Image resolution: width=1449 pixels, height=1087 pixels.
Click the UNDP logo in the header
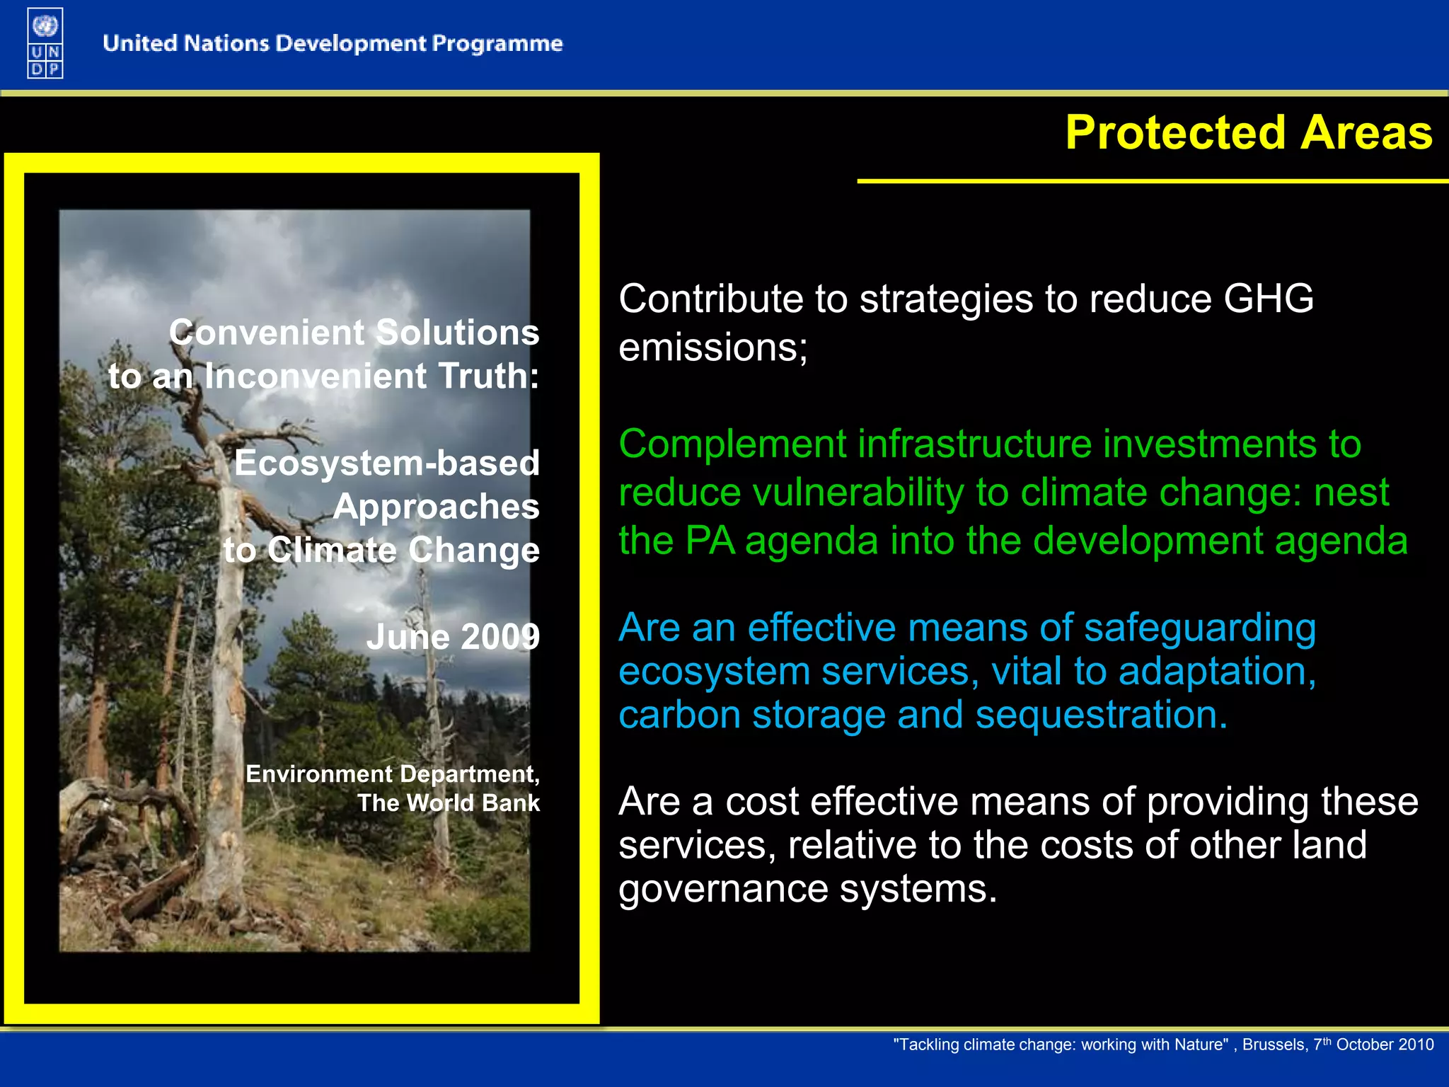click(45, 44)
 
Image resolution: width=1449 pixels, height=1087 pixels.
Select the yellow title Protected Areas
click(1248, 133)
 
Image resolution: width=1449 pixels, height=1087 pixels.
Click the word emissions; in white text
click(712, 347)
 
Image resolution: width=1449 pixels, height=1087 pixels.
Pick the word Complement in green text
click(732, 444)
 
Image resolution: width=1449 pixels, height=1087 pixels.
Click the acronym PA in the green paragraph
click(710, 541)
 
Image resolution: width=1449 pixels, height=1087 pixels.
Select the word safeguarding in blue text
click(1199, 628)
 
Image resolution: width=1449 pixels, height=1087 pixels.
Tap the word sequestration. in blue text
click(1101, 715)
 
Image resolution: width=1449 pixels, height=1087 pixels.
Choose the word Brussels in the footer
click(1274, 1045)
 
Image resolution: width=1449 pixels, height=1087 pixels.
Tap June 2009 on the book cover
click(453, 637)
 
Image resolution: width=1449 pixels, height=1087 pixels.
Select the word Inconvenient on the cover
click(316, 376)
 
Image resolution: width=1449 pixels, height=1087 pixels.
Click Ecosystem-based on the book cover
click(386, 464)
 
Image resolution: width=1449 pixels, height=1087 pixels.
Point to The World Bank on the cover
click(448, 803)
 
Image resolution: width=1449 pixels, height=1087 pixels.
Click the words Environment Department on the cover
click(392, 774)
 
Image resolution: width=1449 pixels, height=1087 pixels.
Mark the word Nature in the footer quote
click(1202, 1045)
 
